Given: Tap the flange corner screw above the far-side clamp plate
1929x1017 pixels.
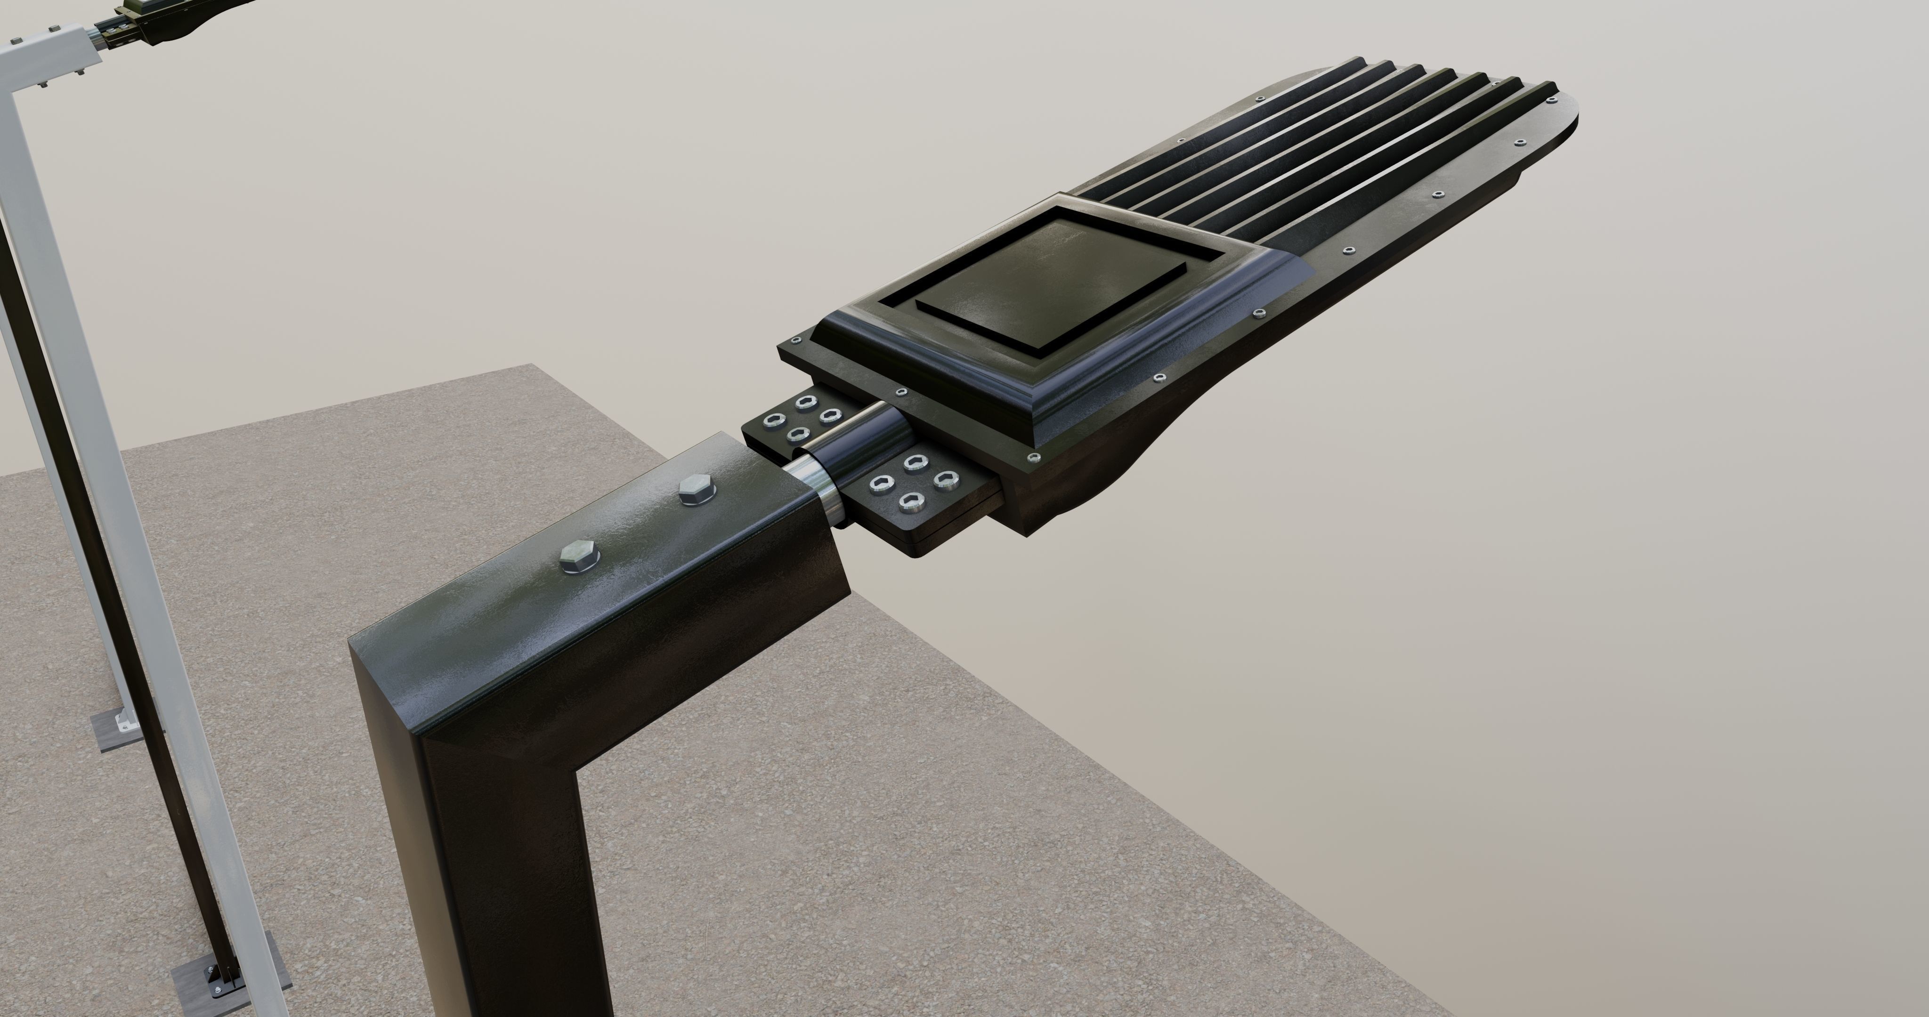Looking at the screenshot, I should click(x=796, y=340).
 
